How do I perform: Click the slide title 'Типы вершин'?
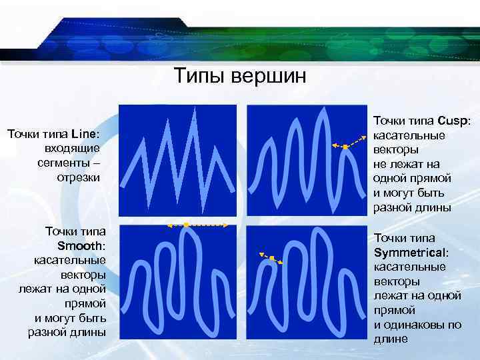[x=240, y=76]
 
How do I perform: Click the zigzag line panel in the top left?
[x=177, y=159]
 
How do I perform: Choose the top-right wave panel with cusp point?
[x=306, y=159]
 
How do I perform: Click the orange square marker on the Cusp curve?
[x=345, y=146]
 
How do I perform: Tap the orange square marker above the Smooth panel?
[x=186, y=225]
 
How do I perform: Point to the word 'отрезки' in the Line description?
[x=78, y=177]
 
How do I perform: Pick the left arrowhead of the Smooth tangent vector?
[x=169, y=227]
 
